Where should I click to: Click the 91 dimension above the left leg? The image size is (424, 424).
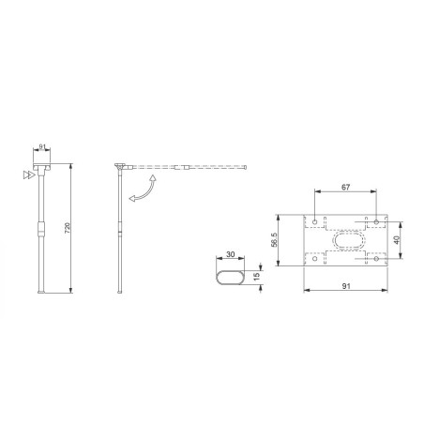(x=42, y=147)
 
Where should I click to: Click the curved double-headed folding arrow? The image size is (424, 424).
(x=143, y=188)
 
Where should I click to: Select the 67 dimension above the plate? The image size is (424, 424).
(x=345, y=188)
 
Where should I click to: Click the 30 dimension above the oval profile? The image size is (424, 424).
(x=230, y=252)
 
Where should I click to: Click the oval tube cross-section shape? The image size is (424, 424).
(x=230, y=277)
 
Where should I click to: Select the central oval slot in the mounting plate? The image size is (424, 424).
(x=346, y=241)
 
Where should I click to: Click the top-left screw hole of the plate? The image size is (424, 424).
(x=314, y=223)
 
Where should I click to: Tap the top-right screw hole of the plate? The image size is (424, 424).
(x=377, y=223)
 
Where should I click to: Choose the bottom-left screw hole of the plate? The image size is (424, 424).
(x=314, y=258)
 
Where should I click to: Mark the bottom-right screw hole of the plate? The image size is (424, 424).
(x=377, y=258)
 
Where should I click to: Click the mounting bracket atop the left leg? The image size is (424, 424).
(x=42, y=167)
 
